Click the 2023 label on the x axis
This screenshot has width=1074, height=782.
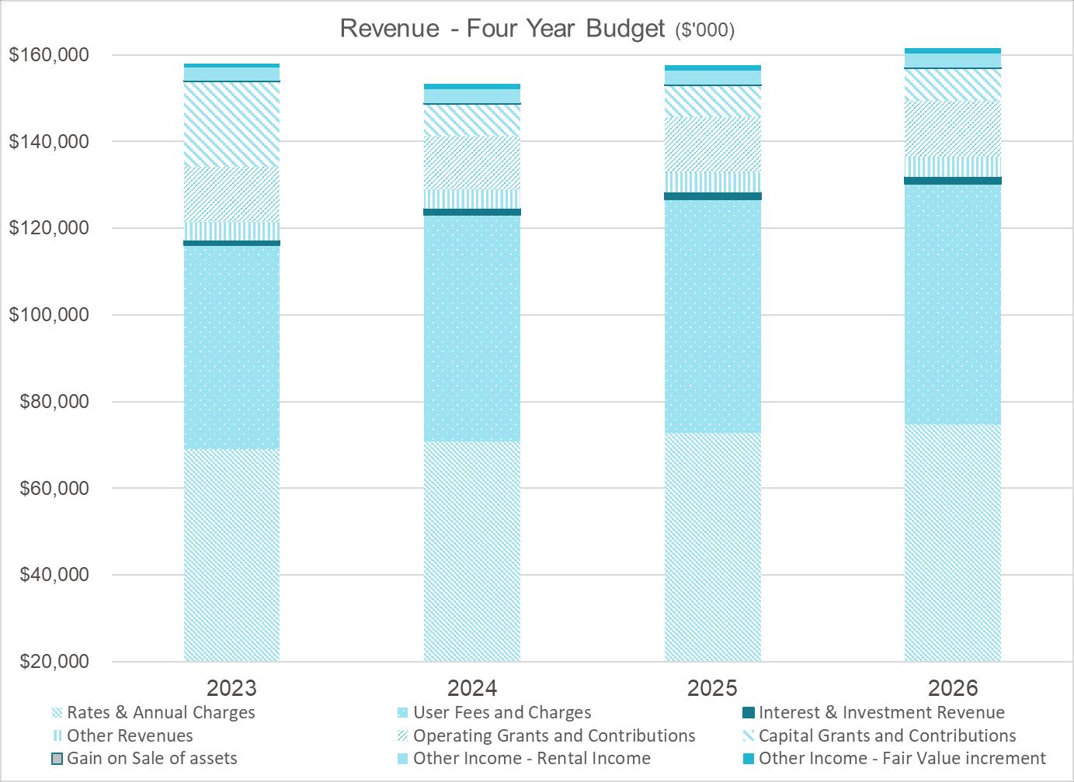[231, 687]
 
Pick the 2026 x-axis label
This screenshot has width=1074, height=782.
[953, 687]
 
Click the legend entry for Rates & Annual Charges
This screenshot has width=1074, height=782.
[160, 712]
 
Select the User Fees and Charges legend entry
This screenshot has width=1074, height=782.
[502, 712]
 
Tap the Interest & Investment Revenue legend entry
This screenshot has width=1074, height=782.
[881, 712]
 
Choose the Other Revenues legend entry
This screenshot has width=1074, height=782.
[129, 735]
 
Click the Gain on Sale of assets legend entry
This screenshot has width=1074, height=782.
[151, 758]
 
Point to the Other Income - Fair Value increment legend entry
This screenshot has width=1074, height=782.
[902, 758]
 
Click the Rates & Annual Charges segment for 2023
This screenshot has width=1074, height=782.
[231, 555]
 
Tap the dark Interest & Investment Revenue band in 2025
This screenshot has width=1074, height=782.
[712, 196]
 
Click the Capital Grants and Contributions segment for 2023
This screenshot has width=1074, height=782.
[231, 124]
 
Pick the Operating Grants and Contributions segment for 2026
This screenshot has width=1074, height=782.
[953, 128]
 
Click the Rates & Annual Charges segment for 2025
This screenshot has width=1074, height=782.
[712, 547]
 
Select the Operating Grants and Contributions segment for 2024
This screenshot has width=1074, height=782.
[472, 162]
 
